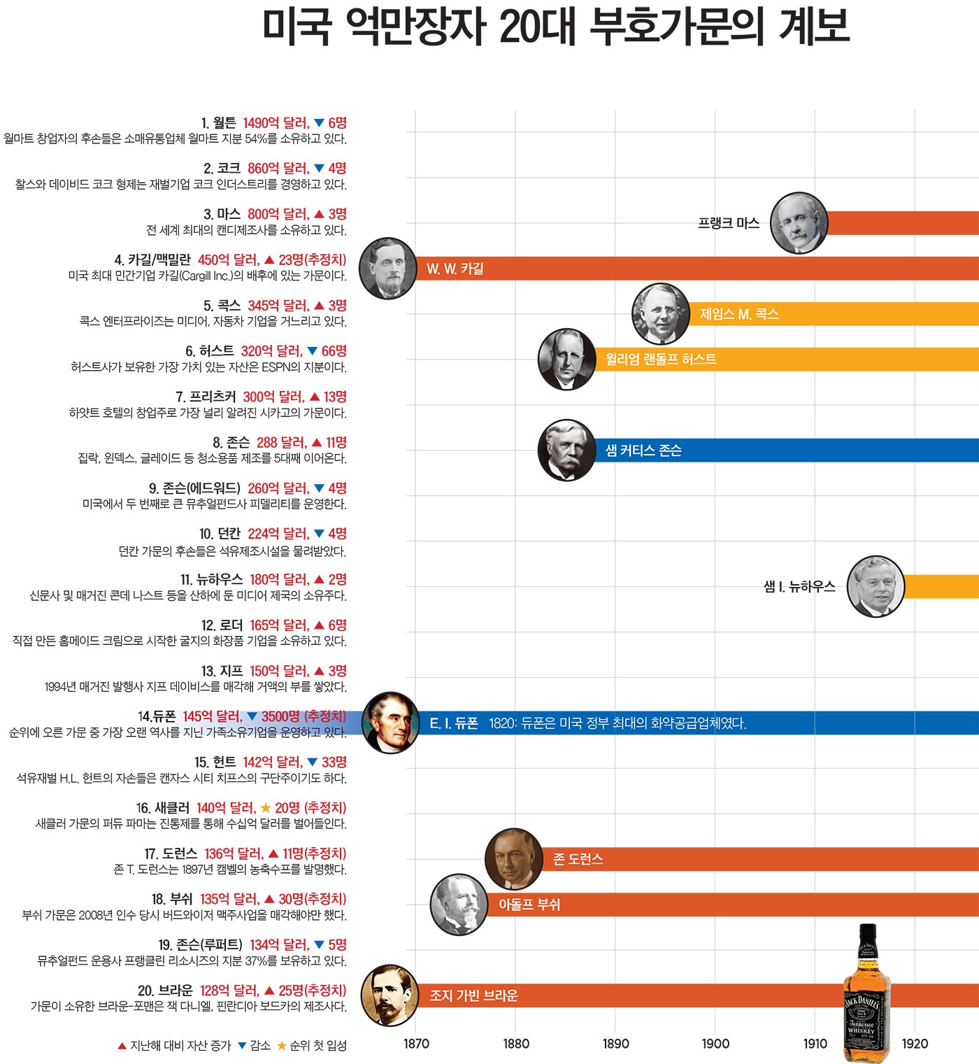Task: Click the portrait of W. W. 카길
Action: click(387, 269)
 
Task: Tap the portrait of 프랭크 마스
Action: click(799, 222)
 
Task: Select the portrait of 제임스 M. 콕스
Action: click(661, 314)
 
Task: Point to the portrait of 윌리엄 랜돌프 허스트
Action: click(566, 359)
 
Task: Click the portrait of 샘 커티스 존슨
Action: click(566, 451)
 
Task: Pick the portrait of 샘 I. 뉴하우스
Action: click(876, 586)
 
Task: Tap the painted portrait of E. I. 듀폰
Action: click(390, 723)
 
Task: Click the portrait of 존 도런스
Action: click(513, 859)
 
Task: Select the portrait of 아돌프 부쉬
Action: click(459, 905)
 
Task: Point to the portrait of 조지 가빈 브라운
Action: click(390, 995)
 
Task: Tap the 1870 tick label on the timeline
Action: click(416, 1044)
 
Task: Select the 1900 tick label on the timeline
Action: click(715, 1044)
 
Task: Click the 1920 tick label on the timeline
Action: click(915, 1044)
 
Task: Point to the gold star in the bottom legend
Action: click(282, 1046)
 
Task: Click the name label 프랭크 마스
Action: click(728, 223)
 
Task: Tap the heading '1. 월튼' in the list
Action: click(218, 123)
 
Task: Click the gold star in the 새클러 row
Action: click(266, 808)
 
